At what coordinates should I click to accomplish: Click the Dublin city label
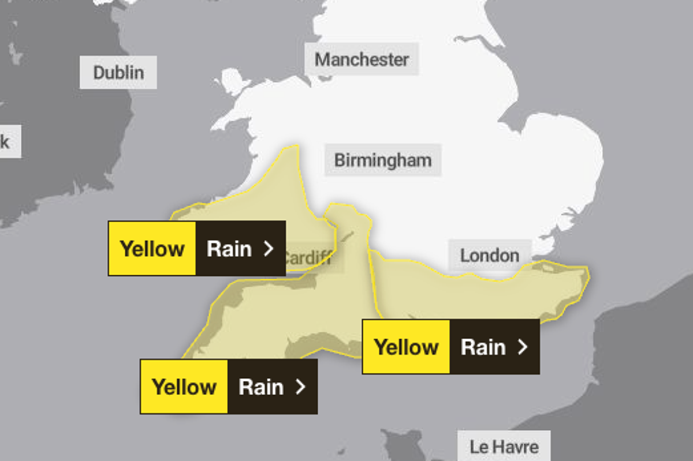[x=118, y=73]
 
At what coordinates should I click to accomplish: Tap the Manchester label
[x=362, y=59]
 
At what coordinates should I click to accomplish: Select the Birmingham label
[x=383, y=160]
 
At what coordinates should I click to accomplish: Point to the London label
[x=490, y=255]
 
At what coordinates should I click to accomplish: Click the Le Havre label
[x=504, y=447]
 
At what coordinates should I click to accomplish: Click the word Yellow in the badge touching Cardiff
[x=152, y=249]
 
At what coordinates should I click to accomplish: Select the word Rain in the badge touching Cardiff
[x=229, y=249]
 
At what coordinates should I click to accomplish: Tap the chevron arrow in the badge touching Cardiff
[x=268, y=249]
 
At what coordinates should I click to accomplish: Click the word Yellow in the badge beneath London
[x=407, y=347]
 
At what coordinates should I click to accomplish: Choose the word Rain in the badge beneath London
[x=483, y=347]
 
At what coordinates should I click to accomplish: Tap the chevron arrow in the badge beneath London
[x=523, y=347]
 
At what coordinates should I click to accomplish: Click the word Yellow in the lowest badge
[x=184, y=387]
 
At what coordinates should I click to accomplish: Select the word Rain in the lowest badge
[x=261, y=387]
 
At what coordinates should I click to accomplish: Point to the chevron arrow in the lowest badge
[x=300, y=387]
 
